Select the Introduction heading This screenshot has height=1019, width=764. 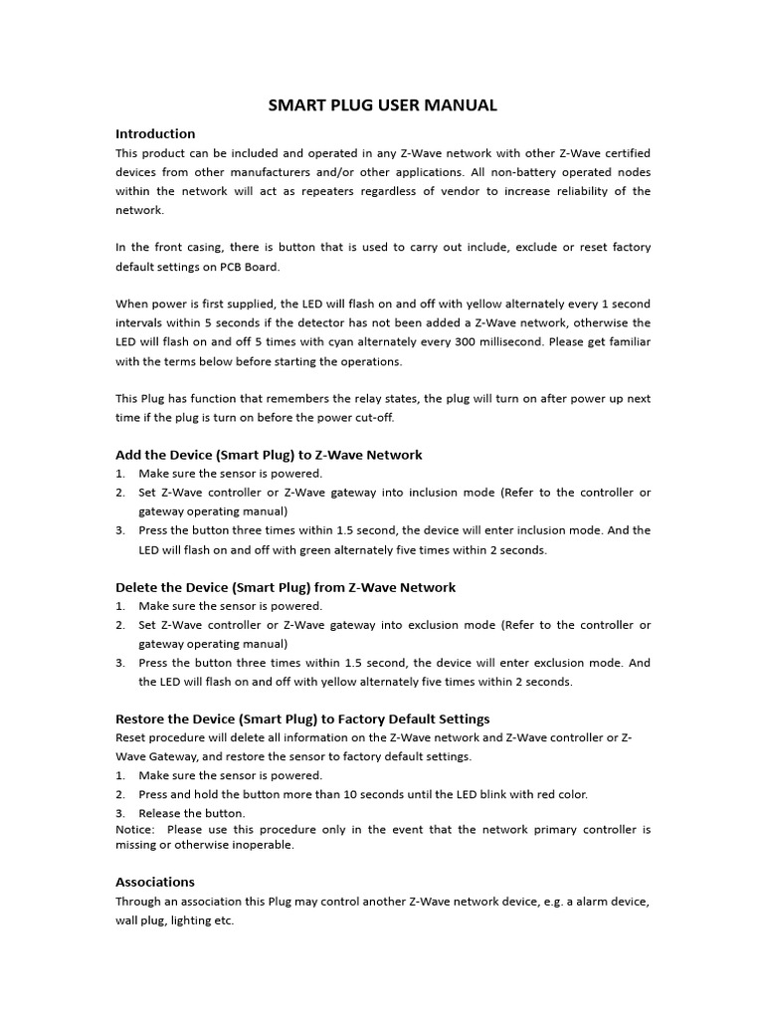click(x=155, y=133)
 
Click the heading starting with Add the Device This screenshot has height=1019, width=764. click(x=269, y=455)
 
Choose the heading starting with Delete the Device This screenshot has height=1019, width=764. click(x=286, y=587)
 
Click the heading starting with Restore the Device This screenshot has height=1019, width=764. click(x=302, y=718)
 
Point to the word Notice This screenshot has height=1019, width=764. click(x=134, y=829)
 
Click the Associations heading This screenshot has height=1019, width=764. click(x=155, y=882)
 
